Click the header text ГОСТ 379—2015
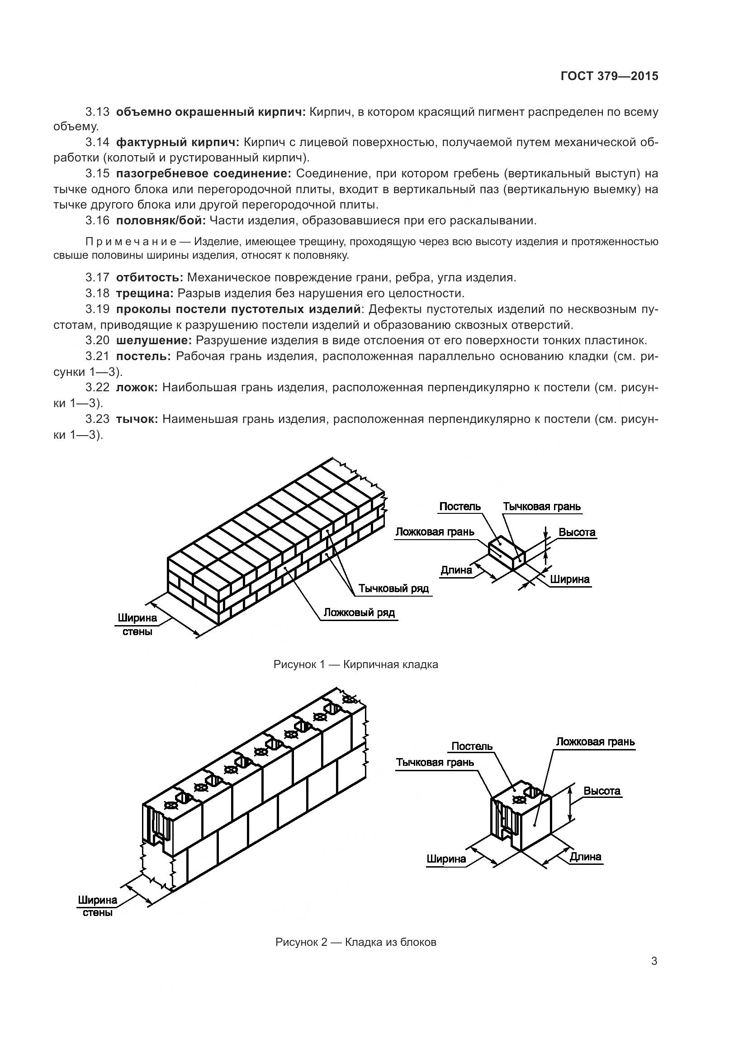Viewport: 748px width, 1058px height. [609, 76]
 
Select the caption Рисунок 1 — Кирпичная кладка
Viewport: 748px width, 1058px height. [355, 664]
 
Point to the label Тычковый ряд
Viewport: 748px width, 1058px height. [394, 588]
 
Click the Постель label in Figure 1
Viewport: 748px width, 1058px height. [459, 507]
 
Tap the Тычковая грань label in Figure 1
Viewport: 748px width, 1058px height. [542, 507]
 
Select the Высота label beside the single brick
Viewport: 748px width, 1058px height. [577, 533]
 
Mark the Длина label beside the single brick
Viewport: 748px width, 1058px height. [456, 570]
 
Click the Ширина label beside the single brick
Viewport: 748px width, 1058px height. [570, 579]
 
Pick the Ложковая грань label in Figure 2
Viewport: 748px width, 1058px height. [595, 742]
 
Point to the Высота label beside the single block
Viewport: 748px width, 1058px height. [602, 791]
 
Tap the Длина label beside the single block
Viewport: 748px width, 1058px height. [586, 857]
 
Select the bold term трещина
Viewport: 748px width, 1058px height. [145, 294]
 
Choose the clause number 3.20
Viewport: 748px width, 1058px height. [97, 341]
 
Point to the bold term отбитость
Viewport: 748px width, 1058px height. [150, 277]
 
